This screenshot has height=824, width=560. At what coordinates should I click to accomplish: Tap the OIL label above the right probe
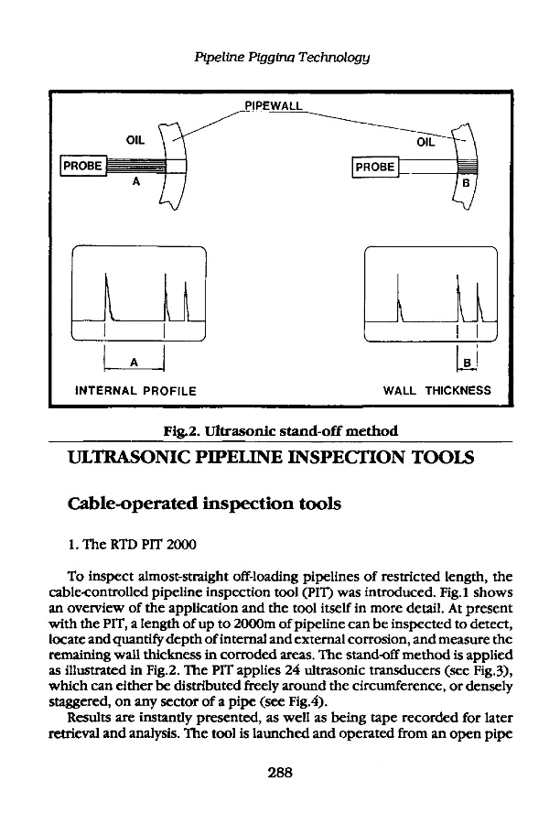pyautogui.click(x=427, y=142)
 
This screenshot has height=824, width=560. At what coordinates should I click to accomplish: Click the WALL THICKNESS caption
pyautogui.click(x=436, y=391)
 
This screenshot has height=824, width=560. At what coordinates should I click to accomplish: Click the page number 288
pyautogui.click(x=279, y=773)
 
